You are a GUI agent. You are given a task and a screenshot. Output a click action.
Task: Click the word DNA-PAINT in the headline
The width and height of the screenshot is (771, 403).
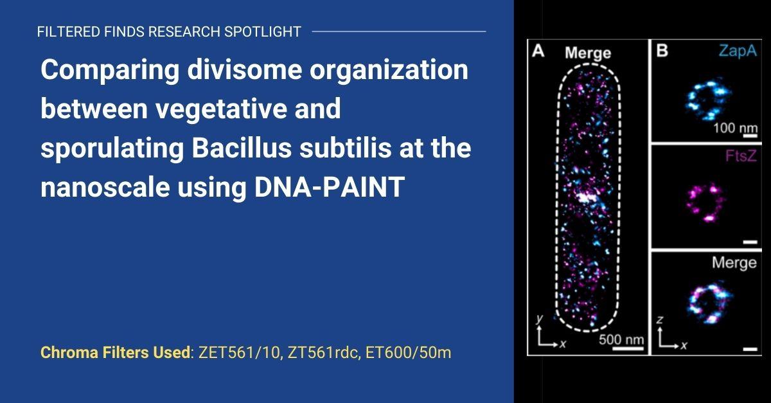[329, 186]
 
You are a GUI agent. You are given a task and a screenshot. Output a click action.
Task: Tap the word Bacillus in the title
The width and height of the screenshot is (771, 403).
[242, 148]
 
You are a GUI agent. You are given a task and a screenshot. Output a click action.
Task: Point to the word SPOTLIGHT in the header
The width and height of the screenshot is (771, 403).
[263, 31]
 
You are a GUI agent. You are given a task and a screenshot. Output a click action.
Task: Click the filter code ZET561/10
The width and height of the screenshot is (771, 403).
[239, 352]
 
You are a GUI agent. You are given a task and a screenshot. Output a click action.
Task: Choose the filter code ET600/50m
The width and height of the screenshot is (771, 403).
[408, 352]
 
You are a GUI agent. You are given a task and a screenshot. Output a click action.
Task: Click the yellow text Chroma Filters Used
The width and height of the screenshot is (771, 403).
[115, 352]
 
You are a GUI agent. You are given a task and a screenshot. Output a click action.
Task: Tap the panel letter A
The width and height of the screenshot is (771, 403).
[538, 51]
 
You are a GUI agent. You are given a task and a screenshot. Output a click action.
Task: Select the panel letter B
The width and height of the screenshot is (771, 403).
[662, 51]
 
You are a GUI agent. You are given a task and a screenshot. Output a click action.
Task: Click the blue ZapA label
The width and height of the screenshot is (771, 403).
[738, 51]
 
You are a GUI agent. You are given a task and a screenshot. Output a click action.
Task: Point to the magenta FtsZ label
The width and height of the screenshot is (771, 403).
[741, 156]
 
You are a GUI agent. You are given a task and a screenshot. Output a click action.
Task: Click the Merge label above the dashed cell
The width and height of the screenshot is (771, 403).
[588, 53]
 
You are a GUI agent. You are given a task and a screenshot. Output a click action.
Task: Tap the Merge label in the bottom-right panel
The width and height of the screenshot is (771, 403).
[734, 263]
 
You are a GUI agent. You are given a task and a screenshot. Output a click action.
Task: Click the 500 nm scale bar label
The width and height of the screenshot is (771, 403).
[621, 339]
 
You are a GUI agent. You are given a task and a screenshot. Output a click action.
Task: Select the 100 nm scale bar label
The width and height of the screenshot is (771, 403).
[735, 128]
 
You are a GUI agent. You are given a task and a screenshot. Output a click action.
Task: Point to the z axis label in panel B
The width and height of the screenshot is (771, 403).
[659, 320]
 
